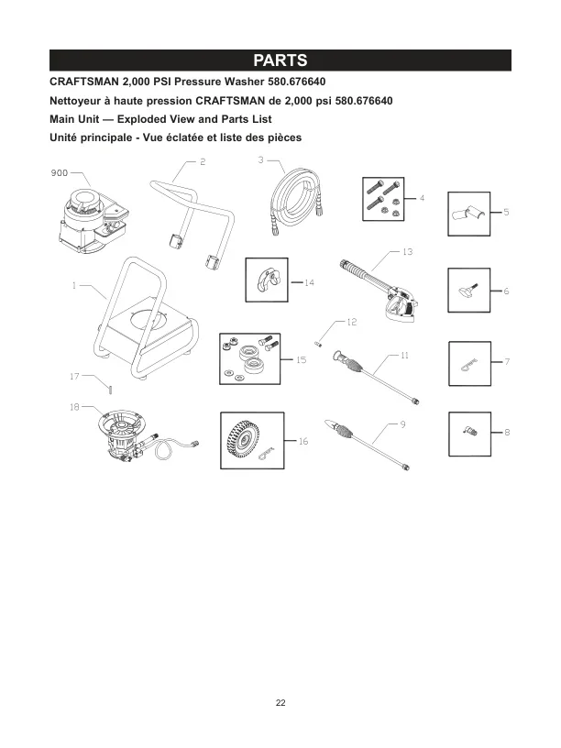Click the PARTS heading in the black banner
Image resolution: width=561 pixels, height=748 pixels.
(x=280, y=60)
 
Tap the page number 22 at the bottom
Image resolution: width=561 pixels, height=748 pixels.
(x=280, y=703)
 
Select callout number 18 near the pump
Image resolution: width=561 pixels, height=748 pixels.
(x=74, y=406)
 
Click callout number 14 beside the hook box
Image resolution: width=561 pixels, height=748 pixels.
(x=309, y=283)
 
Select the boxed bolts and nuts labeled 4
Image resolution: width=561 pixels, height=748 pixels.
(x=381, y=198)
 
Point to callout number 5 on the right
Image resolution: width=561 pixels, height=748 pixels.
(x=506, y=213)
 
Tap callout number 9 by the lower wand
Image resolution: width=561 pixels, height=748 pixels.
(x=401, y=424)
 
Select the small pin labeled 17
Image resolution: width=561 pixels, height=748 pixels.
(x=106, y=389)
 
